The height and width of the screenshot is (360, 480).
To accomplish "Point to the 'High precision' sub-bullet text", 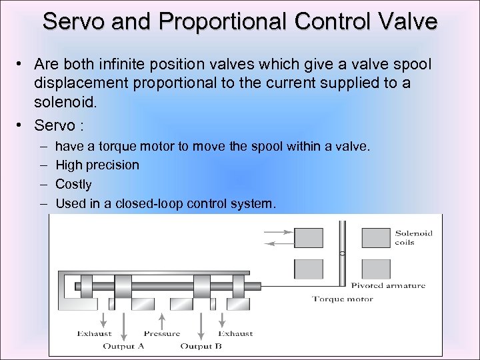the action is [97, 165].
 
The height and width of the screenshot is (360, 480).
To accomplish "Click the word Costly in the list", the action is [73, 184].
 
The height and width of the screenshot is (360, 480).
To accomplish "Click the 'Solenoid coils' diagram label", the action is [413, 238].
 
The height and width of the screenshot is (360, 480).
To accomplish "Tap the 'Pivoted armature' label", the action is [387, 286].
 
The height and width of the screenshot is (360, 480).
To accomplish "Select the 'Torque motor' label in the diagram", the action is [343, 299].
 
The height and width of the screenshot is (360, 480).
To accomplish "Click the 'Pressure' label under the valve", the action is [162, 333].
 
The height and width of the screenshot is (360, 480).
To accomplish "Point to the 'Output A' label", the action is [123, 346].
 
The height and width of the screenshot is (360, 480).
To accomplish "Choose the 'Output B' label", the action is [201, 346].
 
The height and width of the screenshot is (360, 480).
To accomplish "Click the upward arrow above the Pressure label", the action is [162, 319].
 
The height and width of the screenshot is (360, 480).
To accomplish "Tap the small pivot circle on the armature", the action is [341, 254].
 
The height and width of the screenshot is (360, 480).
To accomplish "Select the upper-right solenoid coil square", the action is [376, 238].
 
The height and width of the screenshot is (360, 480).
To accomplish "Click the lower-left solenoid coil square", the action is [308, 269].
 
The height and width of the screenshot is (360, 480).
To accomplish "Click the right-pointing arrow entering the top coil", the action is [278, 233].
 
